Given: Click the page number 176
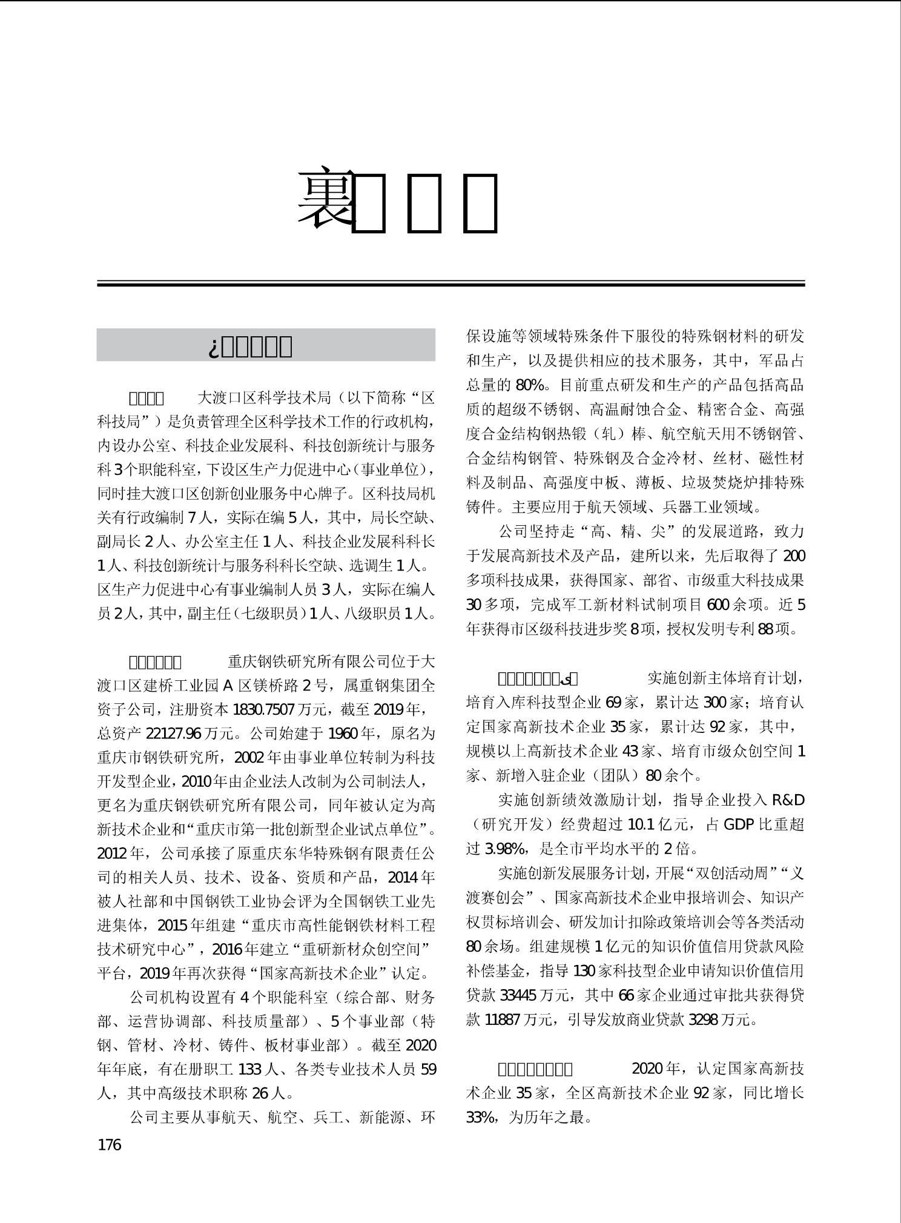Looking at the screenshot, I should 110,1145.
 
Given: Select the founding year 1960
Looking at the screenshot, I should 342,734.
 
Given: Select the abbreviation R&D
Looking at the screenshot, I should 788,800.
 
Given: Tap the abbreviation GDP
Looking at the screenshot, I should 738,824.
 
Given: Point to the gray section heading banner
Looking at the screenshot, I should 266,345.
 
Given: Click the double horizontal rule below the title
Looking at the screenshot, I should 450,283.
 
